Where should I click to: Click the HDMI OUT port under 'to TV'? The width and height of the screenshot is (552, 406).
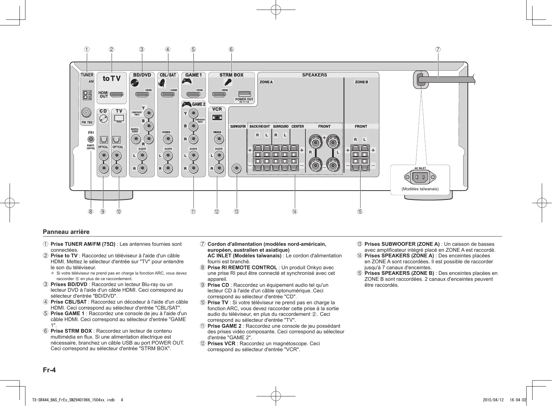(x=116, y=95)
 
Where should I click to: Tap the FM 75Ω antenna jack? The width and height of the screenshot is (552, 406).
(x=86, y=113)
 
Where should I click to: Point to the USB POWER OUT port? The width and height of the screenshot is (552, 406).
(x=244, y=94)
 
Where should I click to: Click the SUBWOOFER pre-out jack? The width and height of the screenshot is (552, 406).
(x=236, y=168)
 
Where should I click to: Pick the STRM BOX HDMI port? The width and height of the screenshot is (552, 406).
(x=219, y=95)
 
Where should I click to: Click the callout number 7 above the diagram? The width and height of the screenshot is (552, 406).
(x=438, y=50)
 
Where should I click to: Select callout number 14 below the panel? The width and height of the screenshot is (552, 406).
(x=294, y=211)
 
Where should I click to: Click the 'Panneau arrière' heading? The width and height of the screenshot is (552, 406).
(x=66, y=232)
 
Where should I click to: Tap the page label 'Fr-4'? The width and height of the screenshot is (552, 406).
(x=49, y=370)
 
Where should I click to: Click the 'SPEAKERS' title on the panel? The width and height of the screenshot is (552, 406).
(x=314, y=75)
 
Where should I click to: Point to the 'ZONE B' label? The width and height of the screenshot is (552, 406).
(x=361, y=82)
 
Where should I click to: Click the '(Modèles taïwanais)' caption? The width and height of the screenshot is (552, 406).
(x=420, y=189)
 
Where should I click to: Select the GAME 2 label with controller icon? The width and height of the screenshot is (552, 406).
(x=194, y=104)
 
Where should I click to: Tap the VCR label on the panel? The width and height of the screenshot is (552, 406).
(x=217, y=109)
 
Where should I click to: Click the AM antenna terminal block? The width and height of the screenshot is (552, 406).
(x=86, y=95)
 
